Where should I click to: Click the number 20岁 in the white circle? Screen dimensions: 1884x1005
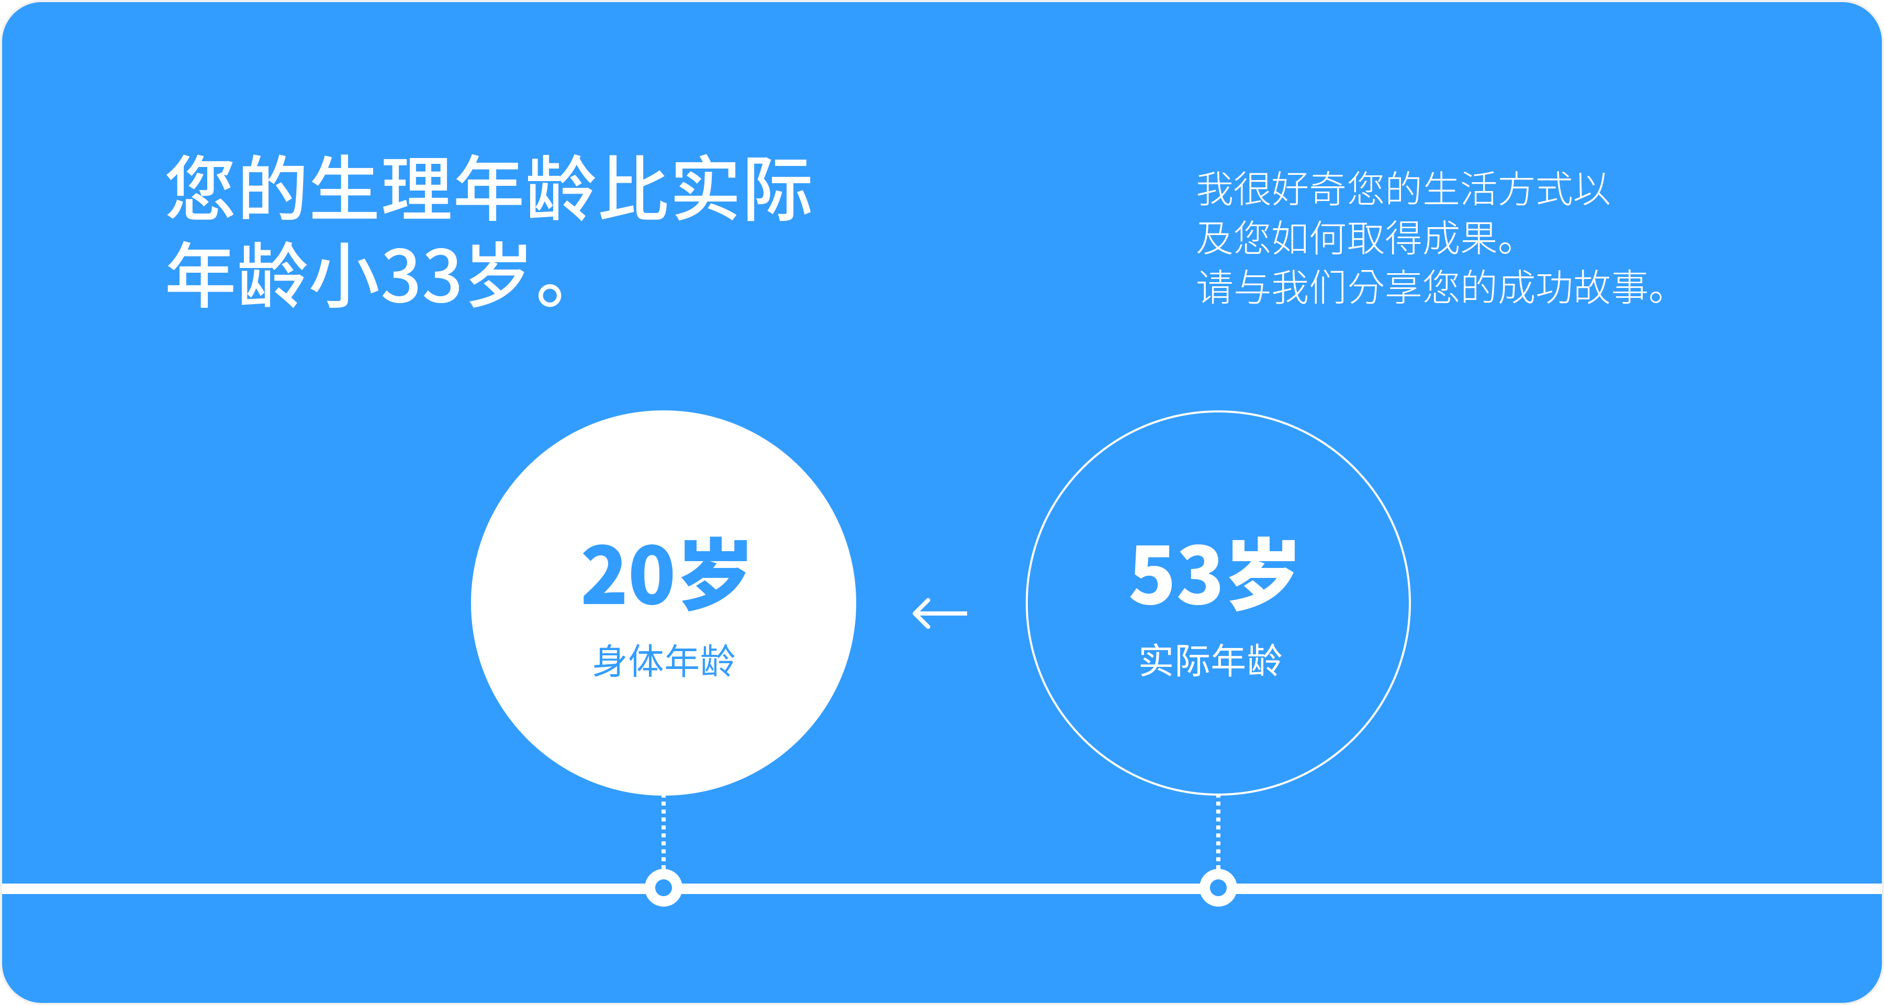pyautogui.click(x=665, y=574)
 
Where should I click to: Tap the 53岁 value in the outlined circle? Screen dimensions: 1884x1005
pyautogui.click(x=1213, y=574)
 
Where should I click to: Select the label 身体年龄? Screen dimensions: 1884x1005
pyautogui.click(x=664, y=661)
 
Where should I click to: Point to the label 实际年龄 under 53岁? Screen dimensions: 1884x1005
pyautogui.click(x=1211, y=661)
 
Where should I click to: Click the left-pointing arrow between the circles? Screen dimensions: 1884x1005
pyautogui.click(x=940, y=613)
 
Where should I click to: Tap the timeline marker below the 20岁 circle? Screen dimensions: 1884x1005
pyautogui.click(x=664, y=888)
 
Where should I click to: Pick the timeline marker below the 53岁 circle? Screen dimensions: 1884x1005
pyautogui.click(x=1218, y=888)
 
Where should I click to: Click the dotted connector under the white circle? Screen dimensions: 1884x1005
pyautogui.click(x=664, y=832)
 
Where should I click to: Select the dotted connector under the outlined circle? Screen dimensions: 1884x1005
pyautogui.click(x=1218, y=832)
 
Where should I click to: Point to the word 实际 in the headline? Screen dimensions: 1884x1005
pyautogui.click(x=742, y=188)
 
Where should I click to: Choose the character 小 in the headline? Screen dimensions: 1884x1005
pyautogui.click(x=344, y=275)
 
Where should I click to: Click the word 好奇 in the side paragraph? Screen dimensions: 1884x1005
pyautogui.click(x=1309, y=189)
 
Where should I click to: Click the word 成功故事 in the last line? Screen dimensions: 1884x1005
pyautogui.click(x=1573, y=287)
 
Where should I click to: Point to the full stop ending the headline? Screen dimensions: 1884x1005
pyautogui.click(x=549, y=294)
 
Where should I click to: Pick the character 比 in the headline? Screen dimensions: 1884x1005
pyautogui.click(x=633, y=188)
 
